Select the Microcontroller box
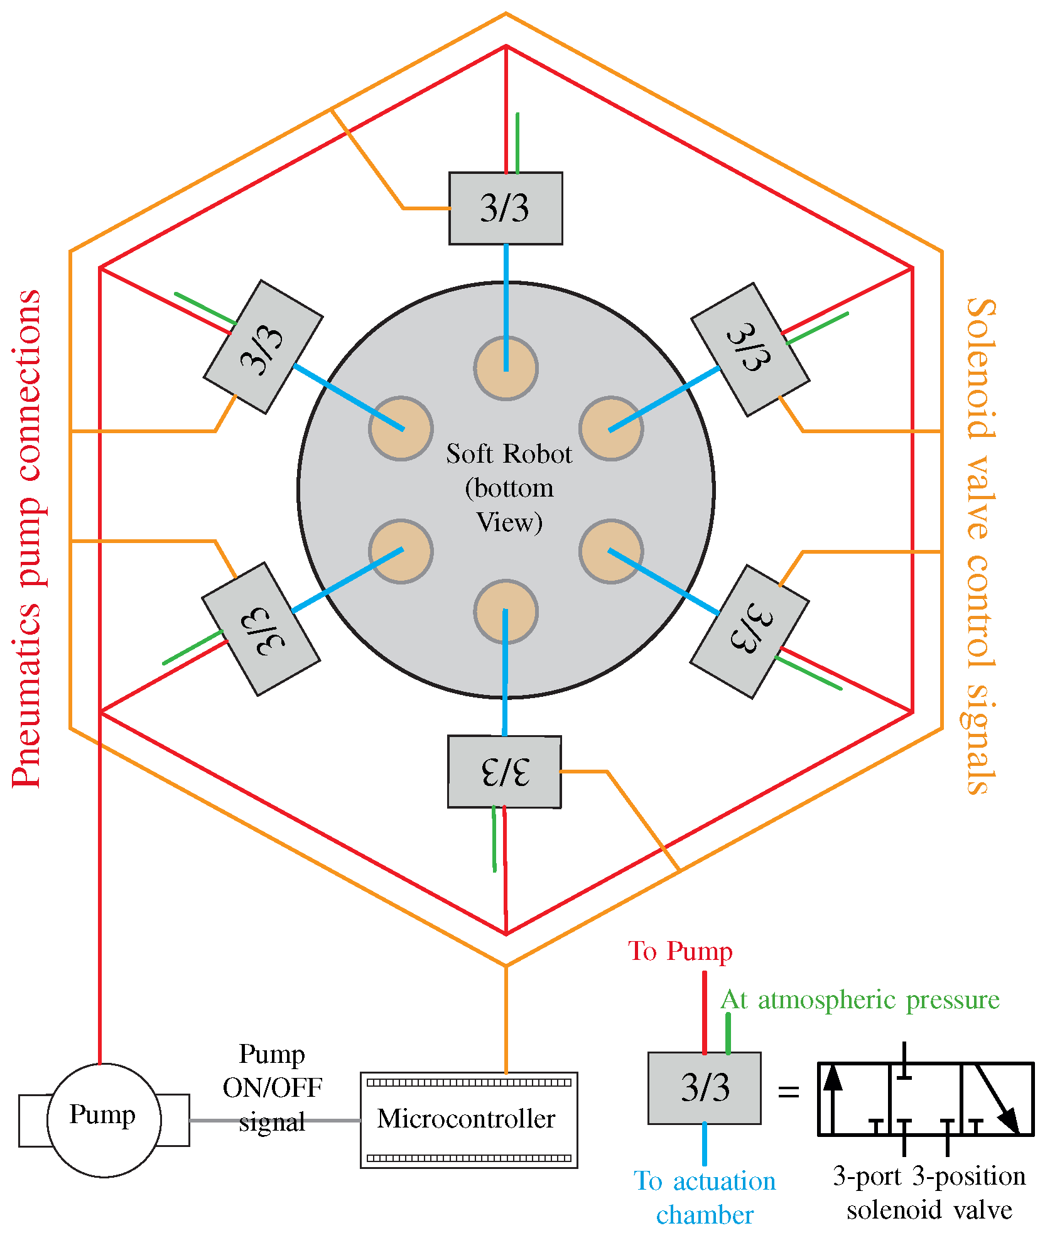point(468,1120)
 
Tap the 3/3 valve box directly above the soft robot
point(506,208)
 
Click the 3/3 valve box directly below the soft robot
point(504,772)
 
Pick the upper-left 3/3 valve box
point(263,347)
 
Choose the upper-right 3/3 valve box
point(750,350)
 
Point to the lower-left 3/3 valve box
point(261,629)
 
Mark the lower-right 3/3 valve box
point(749,632)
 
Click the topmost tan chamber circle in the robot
point(506,369)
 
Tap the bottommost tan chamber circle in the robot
point(506,611)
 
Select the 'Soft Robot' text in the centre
point(509,454)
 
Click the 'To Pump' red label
point(680,951)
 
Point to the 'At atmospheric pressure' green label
point(860,1001)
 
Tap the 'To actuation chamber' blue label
point(705,1198)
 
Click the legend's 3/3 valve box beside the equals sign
point(705,1088)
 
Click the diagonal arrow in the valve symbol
point(997,1099)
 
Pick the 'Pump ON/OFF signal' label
point(272,1088)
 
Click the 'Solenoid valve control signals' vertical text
point(980,546)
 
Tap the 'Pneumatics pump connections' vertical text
point(27,539)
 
